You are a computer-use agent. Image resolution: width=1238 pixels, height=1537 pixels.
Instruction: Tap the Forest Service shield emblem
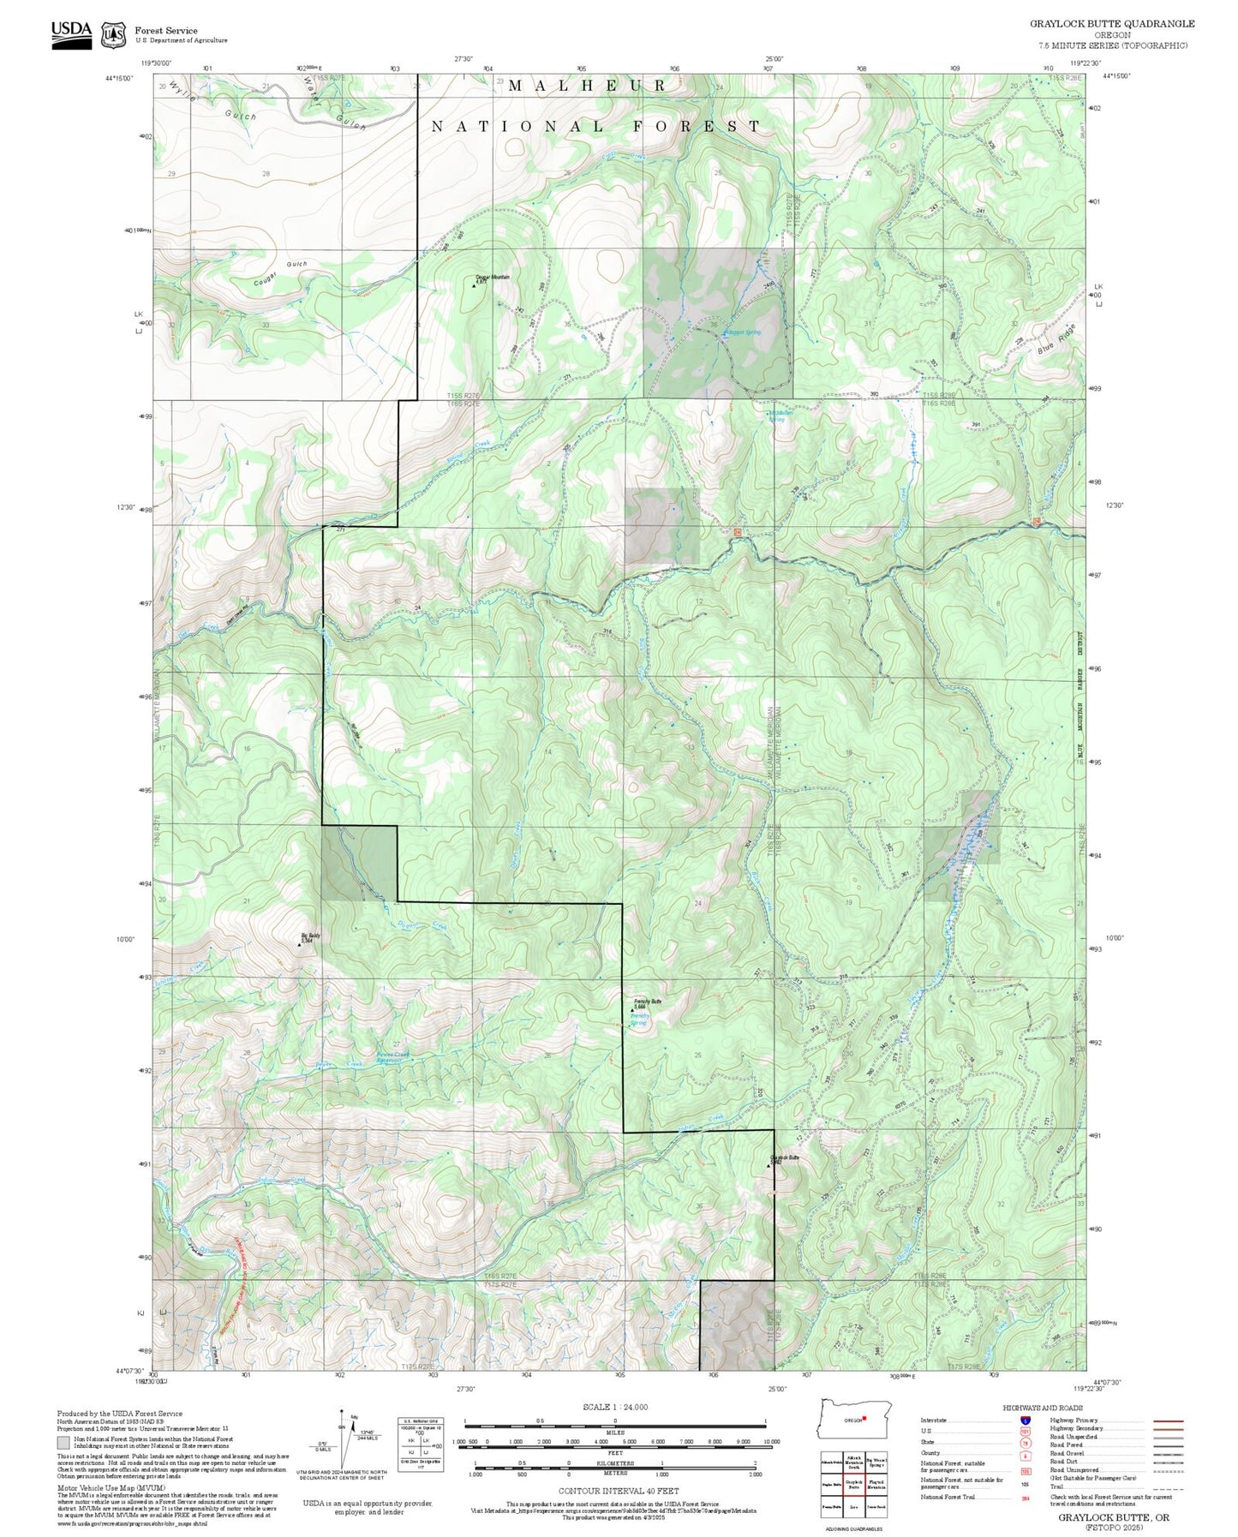(112, 34)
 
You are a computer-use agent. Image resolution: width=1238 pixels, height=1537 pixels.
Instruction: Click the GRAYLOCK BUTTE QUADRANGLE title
(1111, 23)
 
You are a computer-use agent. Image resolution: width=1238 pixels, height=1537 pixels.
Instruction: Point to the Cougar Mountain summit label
(493, 277)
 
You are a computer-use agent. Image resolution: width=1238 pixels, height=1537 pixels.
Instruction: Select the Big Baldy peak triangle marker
(299, 944)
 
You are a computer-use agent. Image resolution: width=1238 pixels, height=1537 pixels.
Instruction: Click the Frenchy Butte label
(648, 1001)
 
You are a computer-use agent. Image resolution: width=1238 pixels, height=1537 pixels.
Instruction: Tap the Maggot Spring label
(741, 332)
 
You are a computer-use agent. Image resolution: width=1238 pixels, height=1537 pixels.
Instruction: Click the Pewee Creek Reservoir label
(393, 1057)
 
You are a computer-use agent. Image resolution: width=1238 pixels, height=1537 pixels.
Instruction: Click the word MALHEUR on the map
(588, 85)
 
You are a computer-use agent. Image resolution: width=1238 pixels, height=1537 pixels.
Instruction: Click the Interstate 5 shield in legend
(1025, 1420)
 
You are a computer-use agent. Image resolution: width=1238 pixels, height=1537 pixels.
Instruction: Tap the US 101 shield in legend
(1025, 1431)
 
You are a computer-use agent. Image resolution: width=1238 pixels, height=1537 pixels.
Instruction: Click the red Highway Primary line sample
(1168, 1420)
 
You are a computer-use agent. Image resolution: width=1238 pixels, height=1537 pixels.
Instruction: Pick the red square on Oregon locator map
(864, 1418)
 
